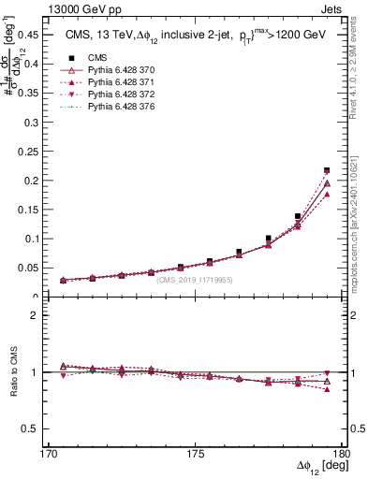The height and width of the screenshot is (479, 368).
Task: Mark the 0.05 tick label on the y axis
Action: (32, 269)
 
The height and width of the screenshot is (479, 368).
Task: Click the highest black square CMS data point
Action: (327, 170)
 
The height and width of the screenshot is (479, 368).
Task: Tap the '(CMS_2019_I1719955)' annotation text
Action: (195, 280)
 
